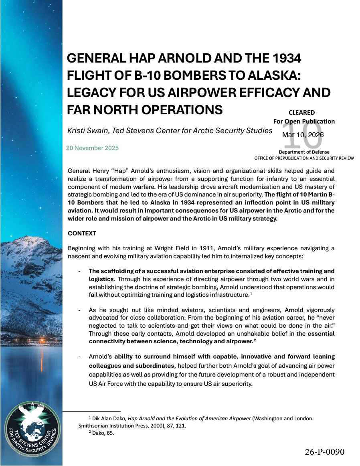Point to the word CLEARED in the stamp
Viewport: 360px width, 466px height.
[x=301, y=113]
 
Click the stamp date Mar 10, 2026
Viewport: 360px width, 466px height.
[x=303, y=135]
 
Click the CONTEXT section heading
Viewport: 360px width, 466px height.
[x=82, y=233]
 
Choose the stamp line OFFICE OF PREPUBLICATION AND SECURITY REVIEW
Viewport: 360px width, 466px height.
[x=304, y=158]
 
